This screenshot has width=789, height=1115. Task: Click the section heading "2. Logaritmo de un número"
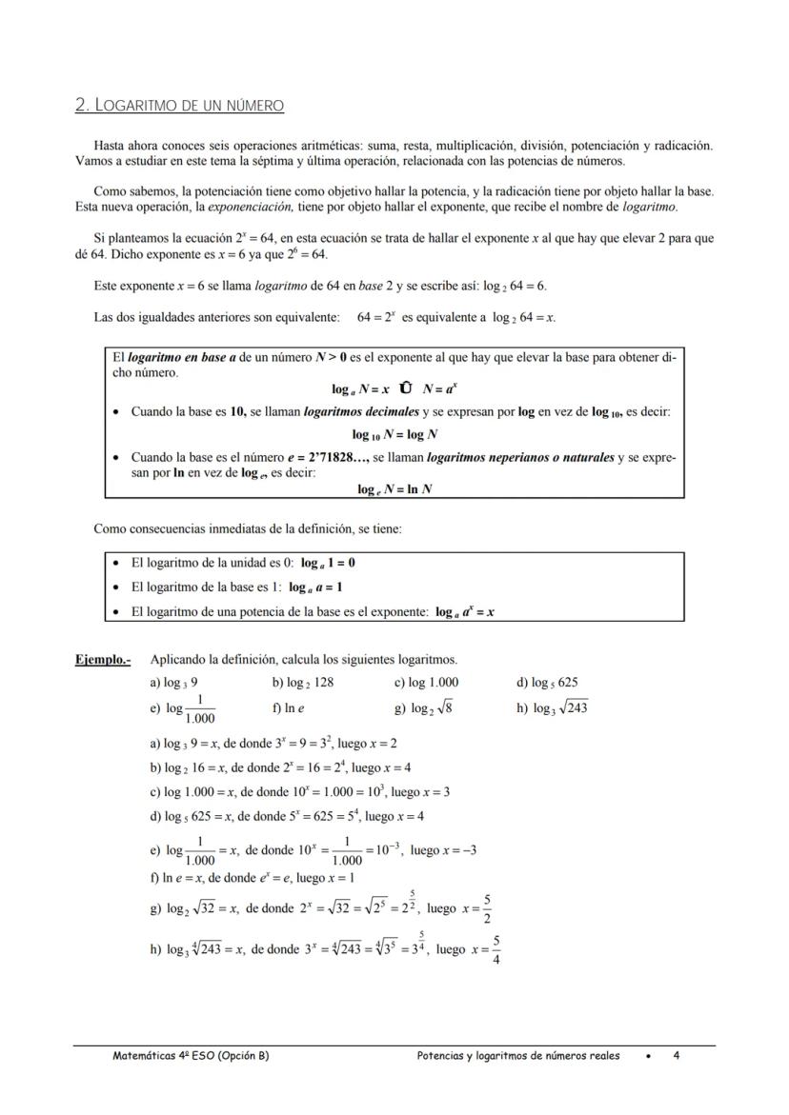click(x=179, y=105)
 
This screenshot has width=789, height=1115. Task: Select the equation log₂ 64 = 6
click(x=516, y=286)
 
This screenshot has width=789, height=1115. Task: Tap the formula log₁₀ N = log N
click(x=394, y=434)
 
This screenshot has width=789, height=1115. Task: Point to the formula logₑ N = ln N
click(x=394, y=488)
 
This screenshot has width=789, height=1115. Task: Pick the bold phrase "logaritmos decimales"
click(x=361, y=411)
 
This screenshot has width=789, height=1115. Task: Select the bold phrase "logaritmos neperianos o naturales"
click(x=520, y=457)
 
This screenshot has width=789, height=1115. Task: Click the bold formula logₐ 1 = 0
click(x=328, y=563)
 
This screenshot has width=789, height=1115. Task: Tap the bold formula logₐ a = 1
click(x=315, y=587)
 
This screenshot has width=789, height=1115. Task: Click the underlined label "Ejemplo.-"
click(x=103, y=659)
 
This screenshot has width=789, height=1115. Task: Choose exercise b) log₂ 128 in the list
click(x=303, y=683)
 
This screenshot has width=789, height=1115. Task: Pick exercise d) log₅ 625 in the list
click(x=547, y=683)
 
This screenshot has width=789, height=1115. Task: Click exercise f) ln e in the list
click(x=288, y=708)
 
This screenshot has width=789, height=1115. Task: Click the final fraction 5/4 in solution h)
click(x=496, y=949)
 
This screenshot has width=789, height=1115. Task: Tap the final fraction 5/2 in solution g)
click(x=487, y=909)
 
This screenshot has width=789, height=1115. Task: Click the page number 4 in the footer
click(x=676, y=1055)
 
